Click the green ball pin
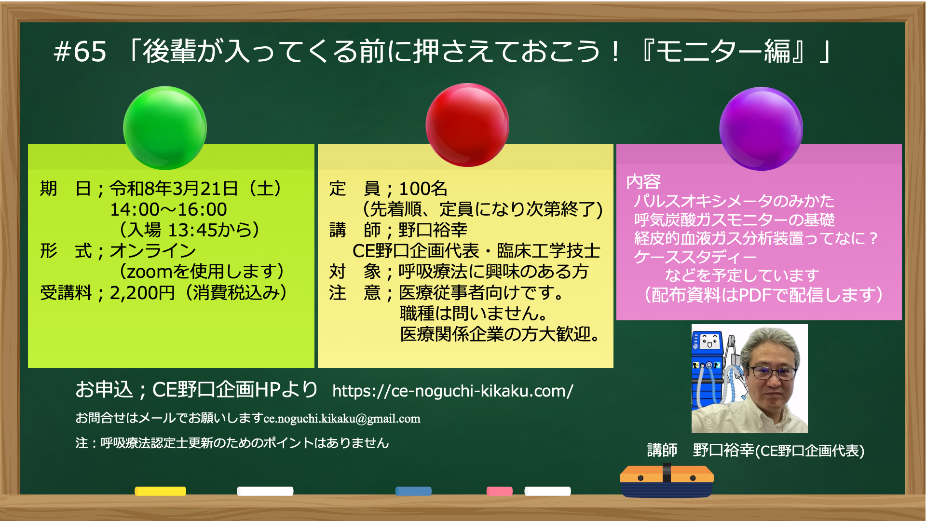pyautogui.click(x=165, y=128)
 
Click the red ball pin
pyautogui.click(x=467, y=124)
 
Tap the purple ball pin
pyautogui.click(x=761, y=128)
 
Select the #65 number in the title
pyautogui.click(x=80, y=52)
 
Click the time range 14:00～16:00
pyautogui.click(x=168, y=209)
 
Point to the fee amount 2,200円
pyautogui.click(x=142, y=293)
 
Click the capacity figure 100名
pyautogui.click(x=423, y=189)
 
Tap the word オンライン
pyautogui.click(x=153, y=251)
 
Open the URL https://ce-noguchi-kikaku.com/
pyautogui.click(x=453, y=391)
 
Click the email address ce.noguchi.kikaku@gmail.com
pyautogui.click(x=342, y=419)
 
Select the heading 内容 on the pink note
pyautogui.click(x=643, y=182)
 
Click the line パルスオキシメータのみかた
pyautogui.click(x=734, y=201)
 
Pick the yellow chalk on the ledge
pyautogui.click(x=160, y=491)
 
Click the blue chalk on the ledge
pyautogui.click(x=413, y=491)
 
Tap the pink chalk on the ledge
pyautogui.click(x=500, y=491)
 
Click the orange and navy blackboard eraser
pyautogui.click(x=667, y=480)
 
